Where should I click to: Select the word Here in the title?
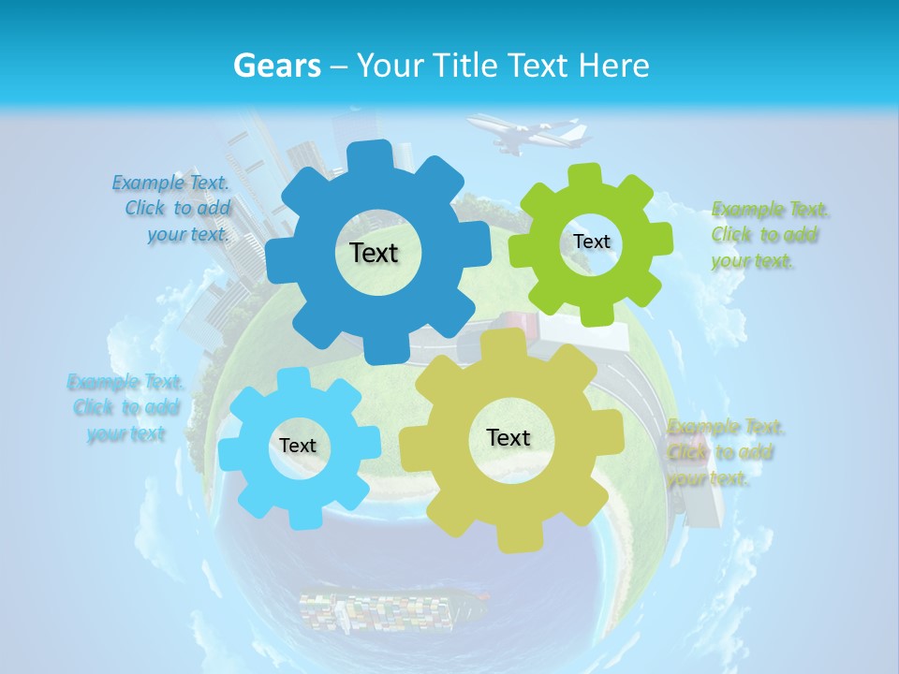pos(614,66)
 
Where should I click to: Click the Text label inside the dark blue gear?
pos(374,253)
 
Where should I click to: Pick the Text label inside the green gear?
pos(591,242)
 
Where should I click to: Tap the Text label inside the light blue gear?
pos(298,446)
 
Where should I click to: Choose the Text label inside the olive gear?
pos(508,437)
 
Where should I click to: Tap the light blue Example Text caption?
pos(126,407)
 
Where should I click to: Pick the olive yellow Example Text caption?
pos(723,453)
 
